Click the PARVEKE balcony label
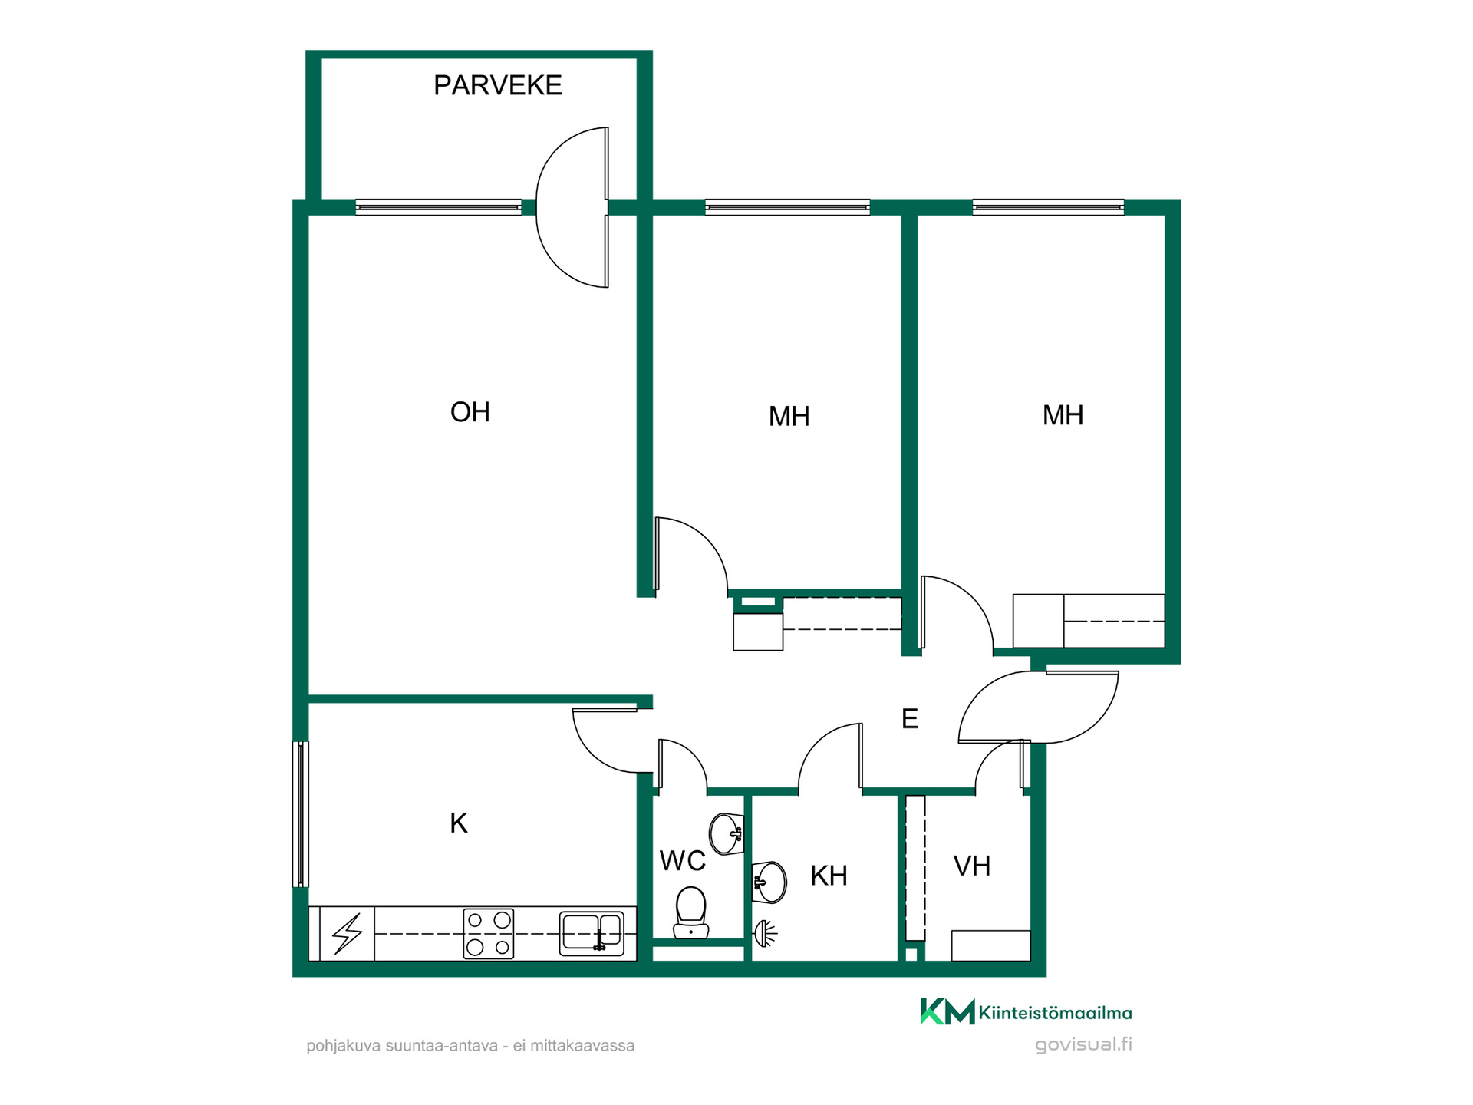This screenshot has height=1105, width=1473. point(497,85)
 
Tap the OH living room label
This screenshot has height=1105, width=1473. point(470,412)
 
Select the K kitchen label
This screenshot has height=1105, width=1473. point(459,823)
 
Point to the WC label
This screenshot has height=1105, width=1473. point(683,861)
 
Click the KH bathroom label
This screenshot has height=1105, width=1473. point(829,876)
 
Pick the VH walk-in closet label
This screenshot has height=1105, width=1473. point(972,866)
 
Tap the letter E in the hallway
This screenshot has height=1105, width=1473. point(910,719)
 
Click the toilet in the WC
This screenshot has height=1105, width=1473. point(690,912)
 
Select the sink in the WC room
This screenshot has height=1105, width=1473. point(726,833)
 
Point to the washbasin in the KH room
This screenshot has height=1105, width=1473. point(769,882)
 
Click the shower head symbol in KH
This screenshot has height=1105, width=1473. point(765,933)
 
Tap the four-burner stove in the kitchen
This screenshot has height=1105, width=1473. point(489,933)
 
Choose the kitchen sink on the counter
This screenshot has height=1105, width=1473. point(592,933)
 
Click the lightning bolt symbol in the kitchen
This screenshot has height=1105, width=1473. point(347,934)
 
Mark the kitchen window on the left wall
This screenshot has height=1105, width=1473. point(301,814)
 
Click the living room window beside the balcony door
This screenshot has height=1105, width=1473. point(439,207)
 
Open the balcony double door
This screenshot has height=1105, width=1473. point(572,207)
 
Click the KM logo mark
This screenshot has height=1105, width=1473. point(947,1011)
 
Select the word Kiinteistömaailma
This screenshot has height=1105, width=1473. point(1056,1013)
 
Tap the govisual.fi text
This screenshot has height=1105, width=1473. point(1083,1045)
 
